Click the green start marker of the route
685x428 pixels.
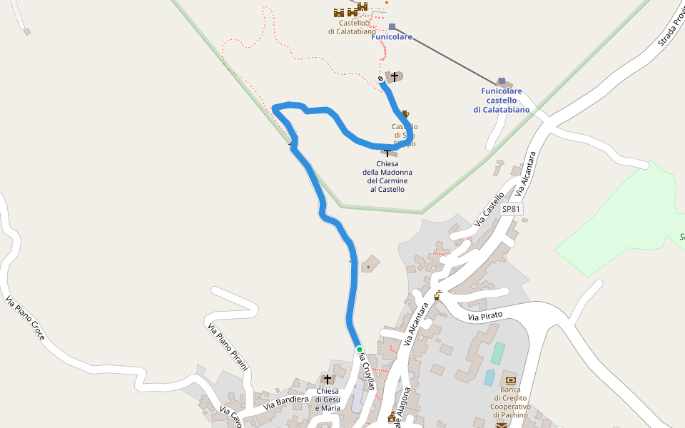click(x=360, y=349)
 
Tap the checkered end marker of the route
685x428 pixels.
click(x=380, y=79)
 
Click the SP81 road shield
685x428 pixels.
click(x=512, y=209)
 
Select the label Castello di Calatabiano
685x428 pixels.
click(x=352, y=27)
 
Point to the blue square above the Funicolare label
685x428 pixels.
click(x=392, y=26)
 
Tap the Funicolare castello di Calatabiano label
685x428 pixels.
click(x=501, y=101)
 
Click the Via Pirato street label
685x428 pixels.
click(x=485, y=315)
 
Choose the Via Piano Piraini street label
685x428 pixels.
click(x=228, y=347)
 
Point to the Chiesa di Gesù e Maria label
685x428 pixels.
click(x=327, y=399)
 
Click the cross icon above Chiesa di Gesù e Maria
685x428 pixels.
click(x=328, y=379)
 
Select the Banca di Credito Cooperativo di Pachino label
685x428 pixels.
click(x=509, y=402)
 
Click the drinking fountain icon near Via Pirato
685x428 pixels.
click(x=437, y=296)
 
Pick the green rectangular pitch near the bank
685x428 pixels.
click(x=497, y=353)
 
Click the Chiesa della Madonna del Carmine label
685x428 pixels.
click(x=387, y=176)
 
